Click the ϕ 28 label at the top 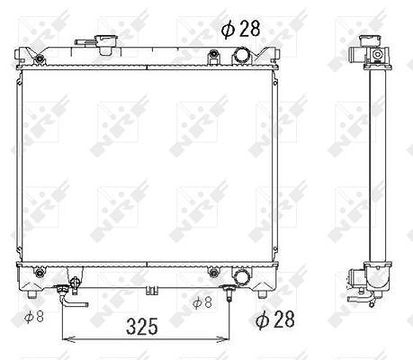coord(240,29)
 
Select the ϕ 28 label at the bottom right coord(275,319)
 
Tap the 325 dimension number coord(142,327)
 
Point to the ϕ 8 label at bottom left coord(34,317)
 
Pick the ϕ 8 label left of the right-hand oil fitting coord(202,302)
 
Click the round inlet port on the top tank coord(241,56)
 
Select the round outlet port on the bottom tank coord(242,277)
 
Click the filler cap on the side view coord(372,40)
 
